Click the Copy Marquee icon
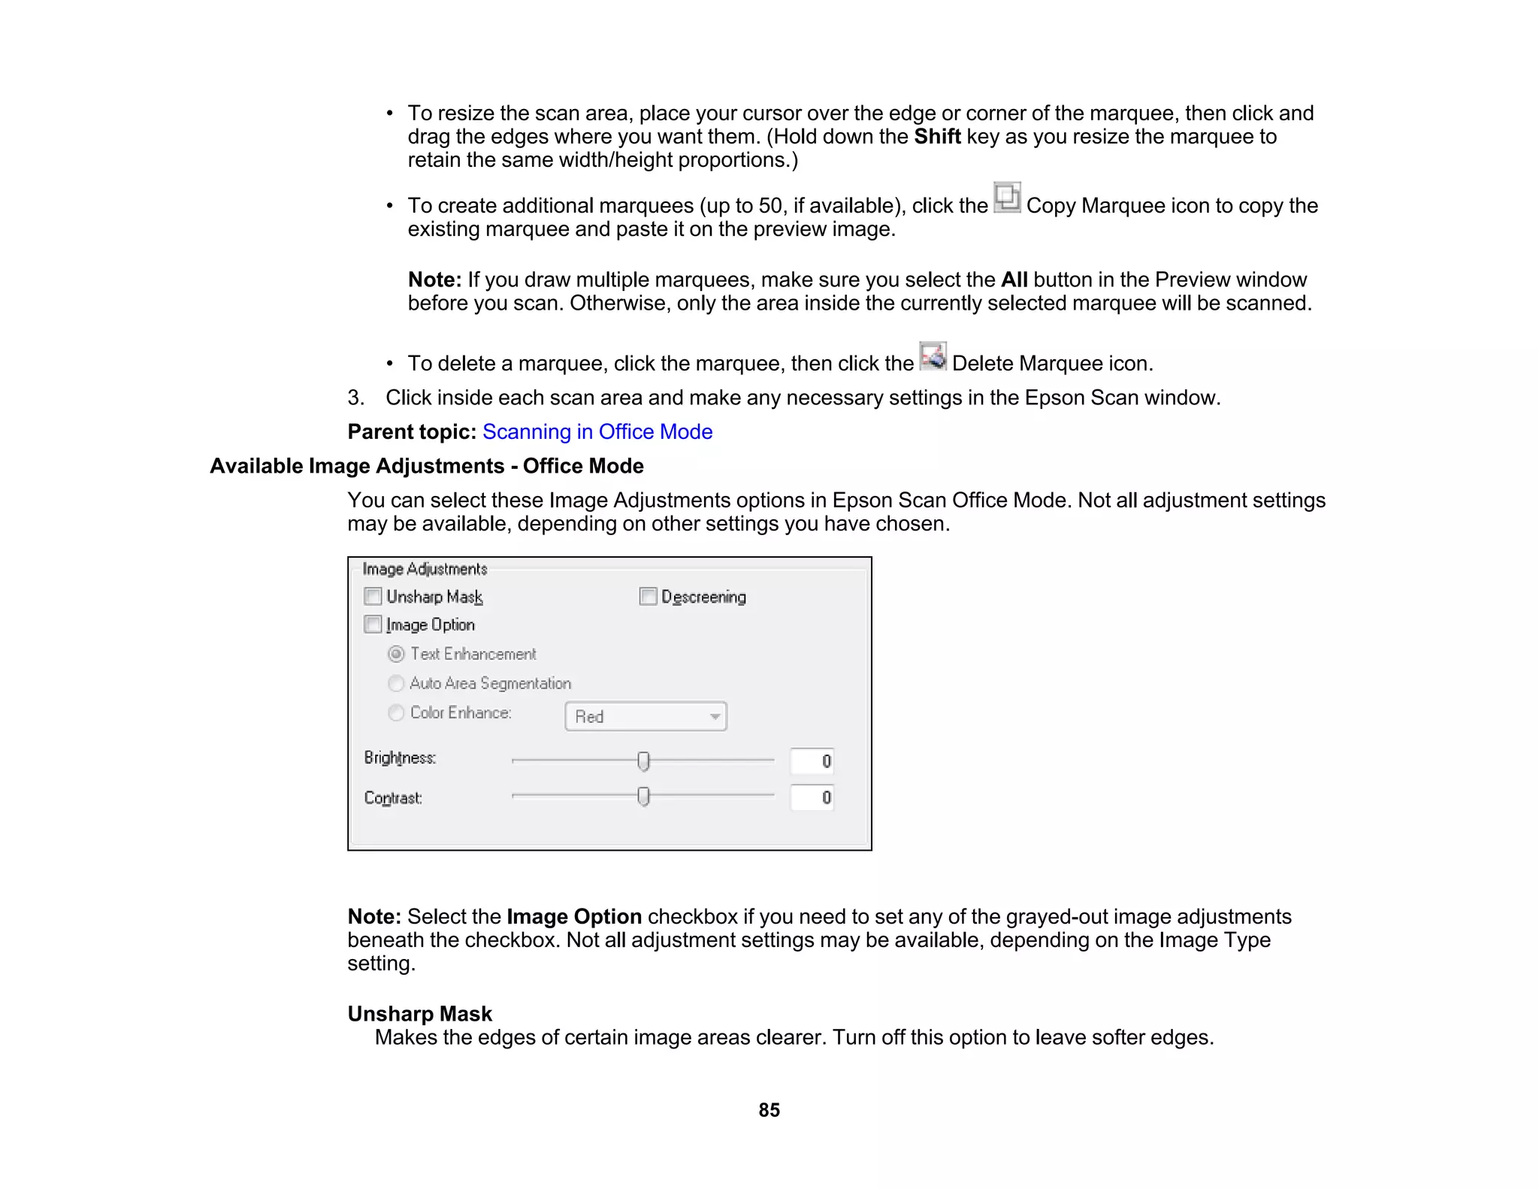[x=1006, y=198]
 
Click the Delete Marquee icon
[x=933, y=356]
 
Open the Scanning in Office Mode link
[x=597, y=431]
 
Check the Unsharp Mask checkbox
[x=373, y=597]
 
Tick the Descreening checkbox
[x=648, y=597]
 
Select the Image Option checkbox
[x=373, y=625]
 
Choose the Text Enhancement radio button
[x=396, y=654]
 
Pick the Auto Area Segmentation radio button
[x=396, y=683]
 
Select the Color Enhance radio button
[x=396, y=712]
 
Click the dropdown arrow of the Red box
[x=715, y=716]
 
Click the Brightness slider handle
[x=643, y=761]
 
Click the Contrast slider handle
[x=643, y=796]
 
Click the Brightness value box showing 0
[x=812, y=761]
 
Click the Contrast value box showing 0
[x=812, y=797]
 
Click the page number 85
[x=769, y=1110]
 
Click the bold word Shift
[x=936, y=137]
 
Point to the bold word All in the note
[x=1014, y=280]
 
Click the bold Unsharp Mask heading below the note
[x=419, y=1014]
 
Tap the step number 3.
[x=355, y=398]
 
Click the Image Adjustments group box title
[x=425, y=569]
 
